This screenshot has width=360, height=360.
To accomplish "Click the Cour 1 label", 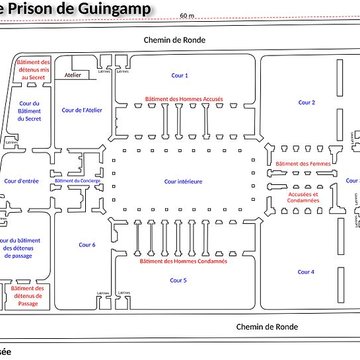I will pos(180,75).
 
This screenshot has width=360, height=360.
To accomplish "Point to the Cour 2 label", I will pos(306,102).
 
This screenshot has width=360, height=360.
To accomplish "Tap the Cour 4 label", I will pos(306,271).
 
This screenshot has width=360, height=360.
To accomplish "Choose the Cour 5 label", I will pos(179,281).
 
